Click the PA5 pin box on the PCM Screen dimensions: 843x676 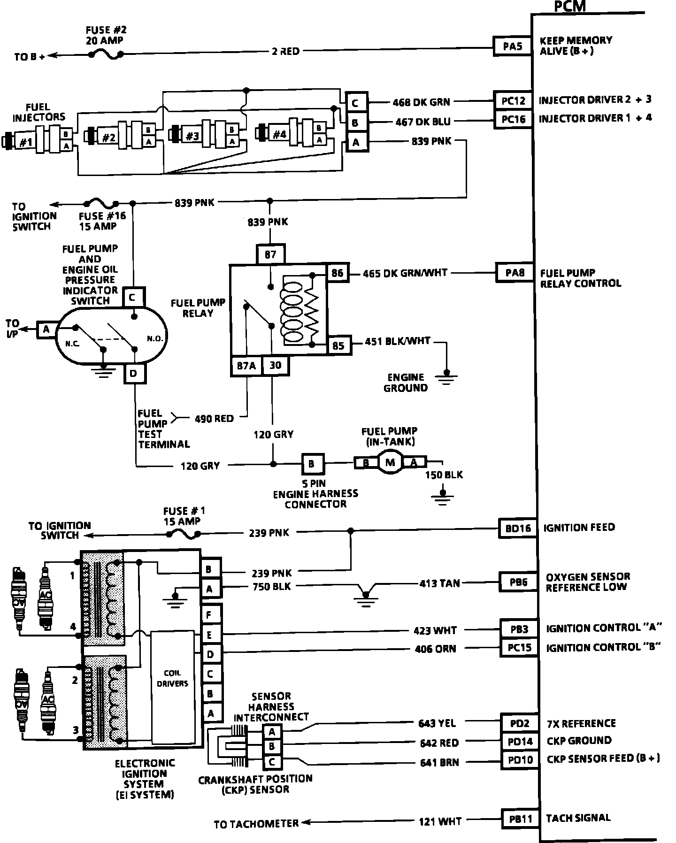click(x=512, y=46)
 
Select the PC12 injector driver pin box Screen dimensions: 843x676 click(x=513, y=100)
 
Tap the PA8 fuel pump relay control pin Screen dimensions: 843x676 click(x=515, y=273)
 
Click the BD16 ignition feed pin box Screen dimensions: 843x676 click(x=517, y=528)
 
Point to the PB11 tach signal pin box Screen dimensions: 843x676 click(x=520, y=819)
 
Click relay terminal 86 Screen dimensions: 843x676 click(x=338, y=273)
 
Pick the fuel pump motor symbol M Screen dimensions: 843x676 click(x=390, y=463)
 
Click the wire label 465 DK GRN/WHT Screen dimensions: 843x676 click(x=405, y=273)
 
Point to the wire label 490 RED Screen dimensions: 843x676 click(x=214, y=418)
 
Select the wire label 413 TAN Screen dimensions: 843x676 click(x=439, y=583)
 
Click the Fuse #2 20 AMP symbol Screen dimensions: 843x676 click(x=106, y=55)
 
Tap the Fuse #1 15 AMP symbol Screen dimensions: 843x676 click(x=183, y=534)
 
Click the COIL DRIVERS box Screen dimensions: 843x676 click(x=172, y=678)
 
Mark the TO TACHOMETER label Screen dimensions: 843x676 click(x=256, y=824)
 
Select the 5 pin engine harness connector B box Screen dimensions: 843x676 click(x=311, y=464)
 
